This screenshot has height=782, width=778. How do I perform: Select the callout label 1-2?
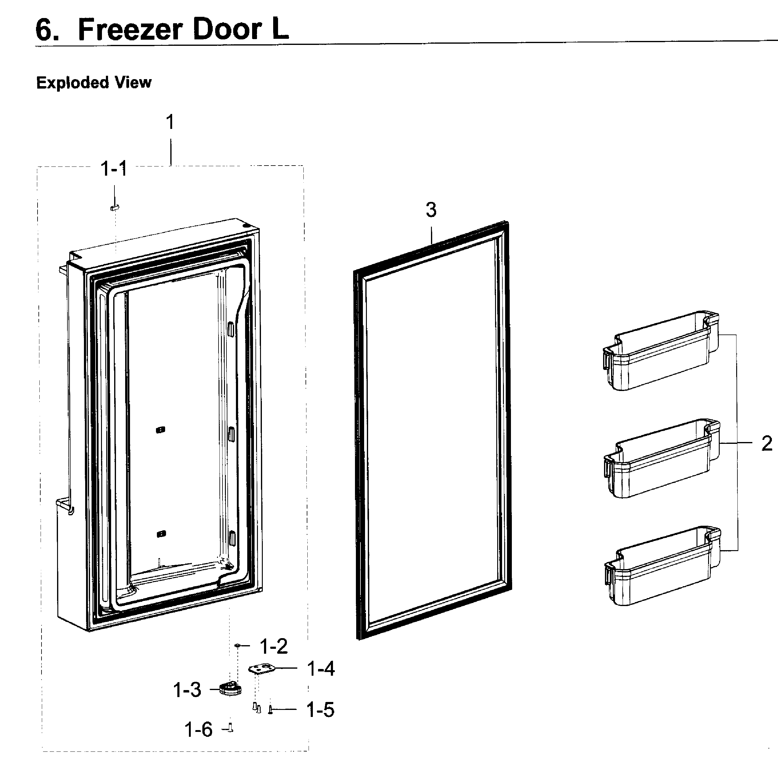[274, 646]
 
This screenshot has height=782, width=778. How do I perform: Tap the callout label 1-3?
[187, 690]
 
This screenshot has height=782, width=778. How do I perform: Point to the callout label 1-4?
[321, 669]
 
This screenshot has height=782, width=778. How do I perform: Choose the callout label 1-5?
[320, 710]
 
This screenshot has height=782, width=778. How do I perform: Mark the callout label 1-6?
[198, 730]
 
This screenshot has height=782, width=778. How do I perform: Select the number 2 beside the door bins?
[766, 443]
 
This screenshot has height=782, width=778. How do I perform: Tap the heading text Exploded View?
[94, 82]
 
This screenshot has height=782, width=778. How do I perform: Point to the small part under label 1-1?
[114, 207]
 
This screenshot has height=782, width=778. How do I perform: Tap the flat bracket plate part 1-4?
[262, 669]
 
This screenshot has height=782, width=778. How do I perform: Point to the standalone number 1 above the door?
[170, 122]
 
